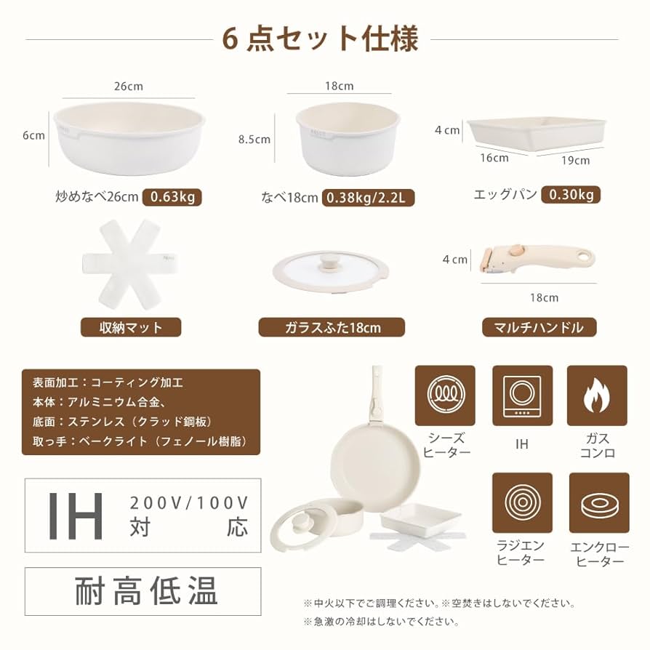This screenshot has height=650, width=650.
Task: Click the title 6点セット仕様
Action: tap(321, 39)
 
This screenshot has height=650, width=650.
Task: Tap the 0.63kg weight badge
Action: tap(172, 197)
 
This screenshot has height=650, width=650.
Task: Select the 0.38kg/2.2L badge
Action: tap(368, 197)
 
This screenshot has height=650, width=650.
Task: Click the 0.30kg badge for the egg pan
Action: tap(571, 194)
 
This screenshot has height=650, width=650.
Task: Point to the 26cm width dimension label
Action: tap(129, 86)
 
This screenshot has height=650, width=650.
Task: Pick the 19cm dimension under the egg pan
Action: tap(575, 160)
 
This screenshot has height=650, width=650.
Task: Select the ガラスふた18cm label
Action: tap(332, 327)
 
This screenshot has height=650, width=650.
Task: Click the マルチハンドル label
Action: tap(539, 327)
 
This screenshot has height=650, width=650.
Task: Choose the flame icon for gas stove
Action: tap(597, 395)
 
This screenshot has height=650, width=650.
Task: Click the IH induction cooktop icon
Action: tap(522, 395)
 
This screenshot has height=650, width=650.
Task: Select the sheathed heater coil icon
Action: tap(444, 395)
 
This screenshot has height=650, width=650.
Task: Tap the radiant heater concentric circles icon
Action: tap(522, 502)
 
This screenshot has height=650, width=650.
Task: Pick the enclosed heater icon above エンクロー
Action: tap(598, 502)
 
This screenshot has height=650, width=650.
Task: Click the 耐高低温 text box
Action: tap(143, 591)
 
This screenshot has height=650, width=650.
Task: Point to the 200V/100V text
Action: tap(189, 502)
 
